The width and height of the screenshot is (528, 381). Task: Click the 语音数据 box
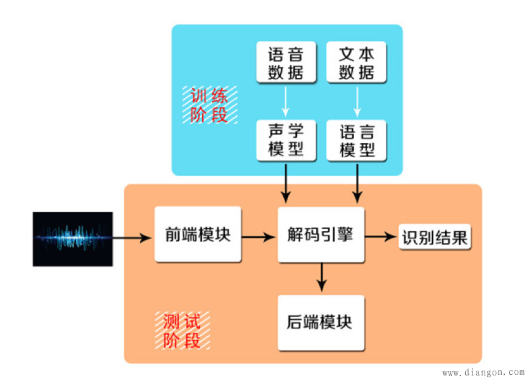[286, 62]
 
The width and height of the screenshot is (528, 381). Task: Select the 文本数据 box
[356, 62]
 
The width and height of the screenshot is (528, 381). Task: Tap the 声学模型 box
[286, 140]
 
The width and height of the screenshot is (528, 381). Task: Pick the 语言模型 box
[356, 140]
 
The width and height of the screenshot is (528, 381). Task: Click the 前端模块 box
[198, 234]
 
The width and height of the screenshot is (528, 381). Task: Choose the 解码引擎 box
[320, 234]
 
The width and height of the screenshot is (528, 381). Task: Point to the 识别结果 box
[435, 237]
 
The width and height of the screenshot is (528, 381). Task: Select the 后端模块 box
[320, 322]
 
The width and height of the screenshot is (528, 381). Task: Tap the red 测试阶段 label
[183, 330]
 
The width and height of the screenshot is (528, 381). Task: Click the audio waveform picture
[73, 239]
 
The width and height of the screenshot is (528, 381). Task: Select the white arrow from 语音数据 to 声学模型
[286, 100]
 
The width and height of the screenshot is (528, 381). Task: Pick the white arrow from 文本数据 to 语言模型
[356, 100]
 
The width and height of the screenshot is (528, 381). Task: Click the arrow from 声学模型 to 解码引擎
[286, 182]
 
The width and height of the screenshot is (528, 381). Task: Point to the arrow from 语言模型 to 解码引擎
[357, 182]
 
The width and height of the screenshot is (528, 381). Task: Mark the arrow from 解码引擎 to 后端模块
[322, 278]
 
